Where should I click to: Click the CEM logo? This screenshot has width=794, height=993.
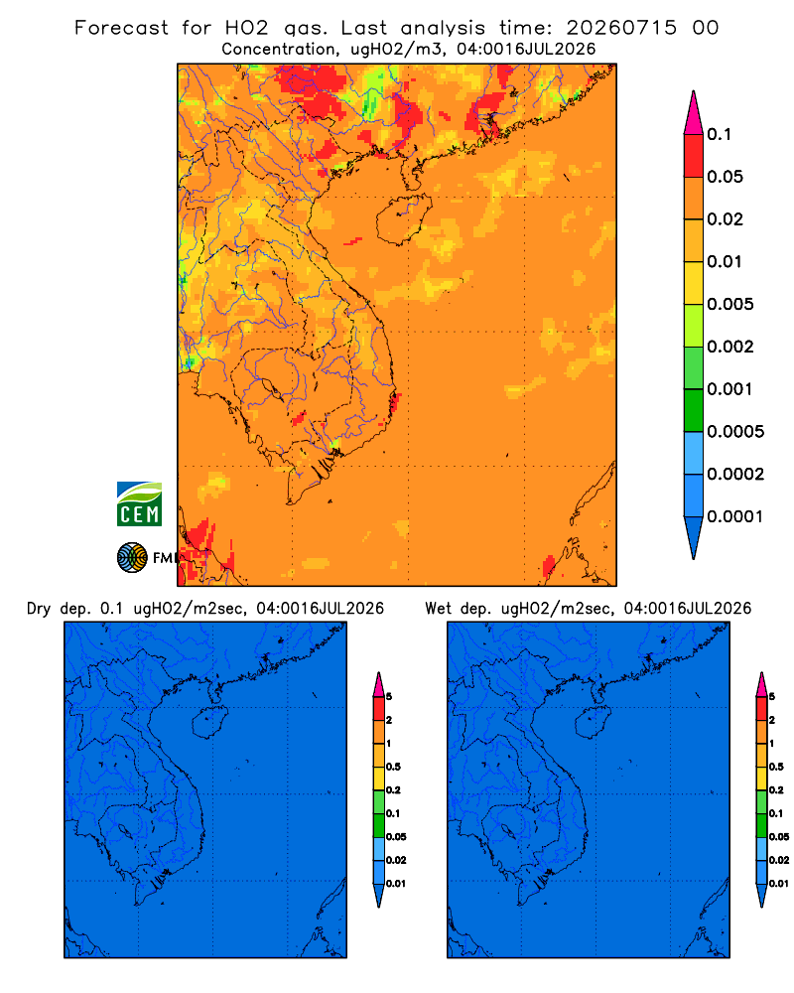(139, 503)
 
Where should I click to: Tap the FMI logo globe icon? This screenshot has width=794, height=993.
(132, 557)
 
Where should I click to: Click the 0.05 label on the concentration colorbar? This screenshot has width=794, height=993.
(725, 177)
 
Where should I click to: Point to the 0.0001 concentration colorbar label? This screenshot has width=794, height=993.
(735, 516)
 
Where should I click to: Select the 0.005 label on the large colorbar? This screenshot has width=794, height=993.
(730, 304)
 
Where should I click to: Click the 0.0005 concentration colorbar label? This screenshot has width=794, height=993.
(735, 432)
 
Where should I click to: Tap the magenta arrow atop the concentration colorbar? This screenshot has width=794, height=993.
(694, 113)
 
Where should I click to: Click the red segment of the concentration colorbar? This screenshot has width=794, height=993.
(694, 156)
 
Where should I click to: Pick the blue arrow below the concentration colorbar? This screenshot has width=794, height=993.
(694, 537)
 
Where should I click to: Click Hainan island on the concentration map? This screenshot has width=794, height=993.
(403, 219)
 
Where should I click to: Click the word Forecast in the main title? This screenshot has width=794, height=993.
(121, 28)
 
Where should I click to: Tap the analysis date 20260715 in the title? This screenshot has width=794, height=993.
(621, 28)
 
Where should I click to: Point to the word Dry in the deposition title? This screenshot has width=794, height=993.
(38, 609)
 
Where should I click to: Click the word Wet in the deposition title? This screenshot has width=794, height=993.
(438, 609)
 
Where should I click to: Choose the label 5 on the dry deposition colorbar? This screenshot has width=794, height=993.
(389, 697)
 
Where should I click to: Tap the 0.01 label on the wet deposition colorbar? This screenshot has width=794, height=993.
(778, 884)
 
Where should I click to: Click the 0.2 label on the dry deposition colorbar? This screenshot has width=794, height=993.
(393, 790)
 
